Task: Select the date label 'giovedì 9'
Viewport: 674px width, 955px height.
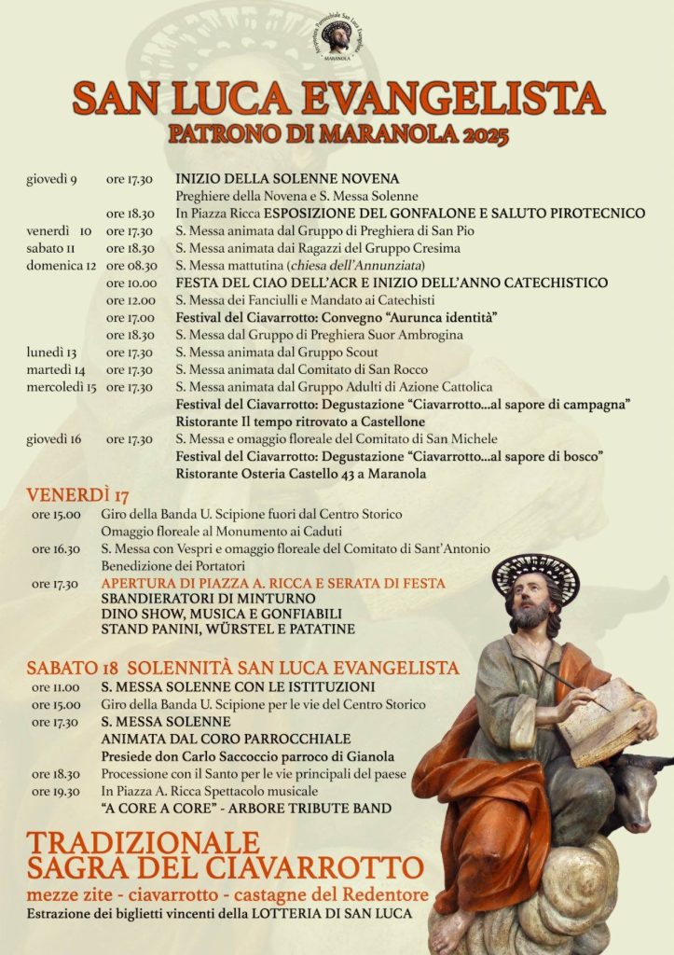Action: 51,178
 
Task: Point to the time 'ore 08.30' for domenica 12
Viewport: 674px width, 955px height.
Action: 131,266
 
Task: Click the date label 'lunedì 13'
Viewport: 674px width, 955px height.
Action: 51,353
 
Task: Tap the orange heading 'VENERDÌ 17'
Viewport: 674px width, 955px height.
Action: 77,494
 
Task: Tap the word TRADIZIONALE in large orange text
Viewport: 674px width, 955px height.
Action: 143,842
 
